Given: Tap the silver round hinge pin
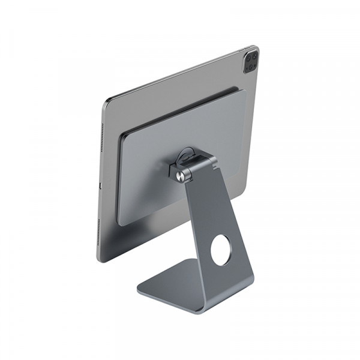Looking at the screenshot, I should point(182,174).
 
